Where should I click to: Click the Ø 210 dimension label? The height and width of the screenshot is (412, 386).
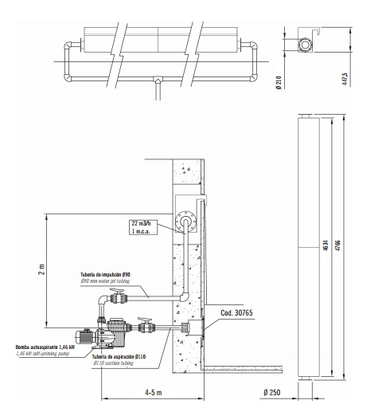[279, 82]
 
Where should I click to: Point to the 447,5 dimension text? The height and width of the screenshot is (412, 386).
[345, 79]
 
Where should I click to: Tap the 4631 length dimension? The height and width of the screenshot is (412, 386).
[326, 245]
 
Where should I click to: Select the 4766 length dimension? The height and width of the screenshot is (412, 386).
[338, 245]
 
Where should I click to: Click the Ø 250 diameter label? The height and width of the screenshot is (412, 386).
[272, 392]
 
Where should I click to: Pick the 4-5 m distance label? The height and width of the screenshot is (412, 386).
[153, 392]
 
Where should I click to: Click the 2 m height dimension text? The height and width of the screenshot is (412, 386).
[42, 269]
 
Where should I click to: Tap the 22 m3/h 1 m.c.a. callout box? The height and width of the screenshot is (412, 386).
[143, 227]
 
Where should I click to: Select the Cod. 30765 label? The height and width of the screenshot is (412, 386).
[236, 312]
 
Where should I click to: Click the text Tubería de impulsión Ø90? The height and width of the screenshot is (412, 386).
[105, 274]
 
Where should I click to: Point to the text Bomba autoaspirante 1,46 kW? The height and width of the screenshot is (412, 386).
[45, 347]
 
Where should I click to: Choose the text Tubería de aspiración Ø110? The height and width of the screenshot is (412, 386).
[119, 356]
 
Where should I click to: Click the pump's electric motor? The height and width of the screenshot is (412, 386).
[84, 337]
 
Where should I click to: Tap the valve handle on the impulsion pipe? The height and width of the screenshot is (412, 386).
[117, 290]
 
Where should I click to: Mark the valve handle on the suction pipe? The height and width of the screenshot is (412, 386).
[145, 319]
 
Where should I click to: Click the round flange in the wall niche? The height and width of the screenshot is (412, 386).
[186, 222]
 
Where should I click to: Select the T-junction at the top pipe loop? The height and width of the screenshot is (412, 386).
[158, 79]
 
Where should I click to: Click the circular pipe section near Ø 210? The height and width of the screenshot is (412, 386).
[305, 45]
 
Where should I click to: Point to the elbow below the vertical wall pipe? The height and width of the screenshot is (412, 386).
[185, 296]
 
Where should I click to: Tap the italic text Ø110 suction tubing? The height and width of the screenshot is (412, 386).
[113, 363]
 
